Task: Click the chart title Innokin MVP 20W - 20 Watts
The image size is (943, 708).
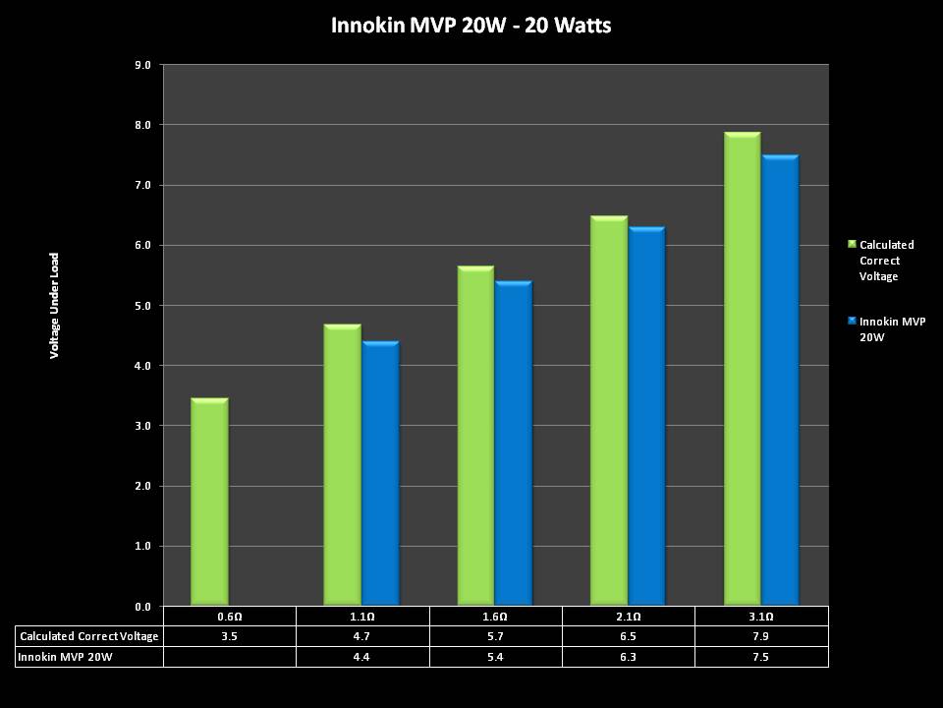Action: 471,26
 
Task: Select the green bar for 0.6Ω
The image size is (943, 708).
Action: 209,501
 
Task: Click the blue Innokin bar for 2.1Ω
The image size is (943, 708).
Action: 647,417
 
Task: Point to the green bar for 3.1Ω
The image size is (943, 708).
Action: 742,369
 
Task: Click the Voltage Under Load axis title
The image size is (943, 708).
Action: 55,305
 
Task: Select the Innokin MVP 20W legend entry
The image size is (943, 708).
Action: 892,328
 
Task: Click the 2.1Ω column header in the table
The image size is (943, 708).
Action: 629,617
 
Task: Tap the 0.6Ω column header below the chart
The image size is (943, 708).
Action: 229,617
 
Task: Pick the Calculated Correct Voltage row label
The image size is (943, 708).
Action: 89,636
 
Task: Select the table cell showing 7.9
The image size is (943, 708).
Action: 761,636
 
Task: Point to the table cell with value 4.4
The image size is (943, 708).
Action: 362,656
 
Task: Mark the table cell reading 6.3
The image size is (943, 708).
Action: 629,656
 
